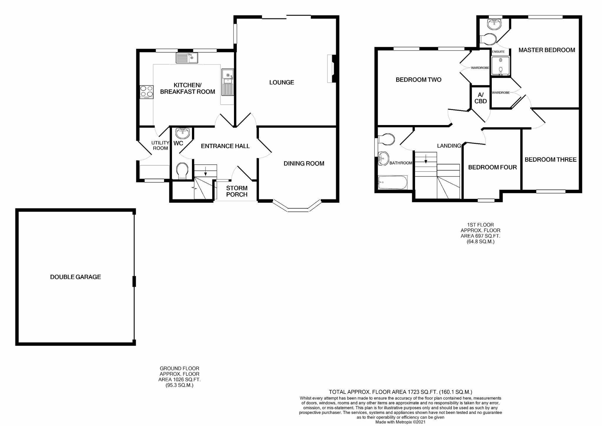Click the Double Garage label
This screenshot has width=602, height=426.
pos(75,277)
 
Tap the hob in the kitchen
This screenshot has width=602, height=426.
pos(146,92)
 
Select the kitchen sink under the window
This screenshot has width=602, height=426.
pos(187,58)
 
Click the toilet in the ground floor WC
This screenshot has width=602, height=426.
pos(182,171)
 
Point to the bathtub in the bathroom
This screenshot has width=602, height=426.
pos(393,183)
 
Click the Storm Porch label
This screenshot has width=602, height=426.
pos(237,191)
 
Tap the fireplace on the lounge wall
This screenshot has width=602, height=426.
pos(332,69)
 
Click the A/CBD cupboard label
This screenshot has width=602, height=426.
pos(481,98)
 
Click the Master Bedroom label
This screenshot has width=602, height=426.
pos(546,50)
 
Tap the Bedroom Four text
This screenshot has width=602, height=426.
pos(492,167)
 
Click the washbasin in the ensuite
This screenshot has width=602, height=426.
pos(494,24)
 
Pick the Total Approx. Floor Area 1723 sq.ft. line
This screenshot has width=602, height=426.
pos(400,392)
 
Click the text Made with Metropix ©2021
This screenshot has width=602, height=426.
pos(400,422)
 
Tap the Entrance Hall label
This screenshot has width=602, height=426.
pos(225,146)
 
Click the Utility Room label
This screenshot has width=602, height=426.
pos(160,145)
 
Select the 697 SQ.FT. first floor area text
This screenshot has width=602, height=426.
pos(480,236)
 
